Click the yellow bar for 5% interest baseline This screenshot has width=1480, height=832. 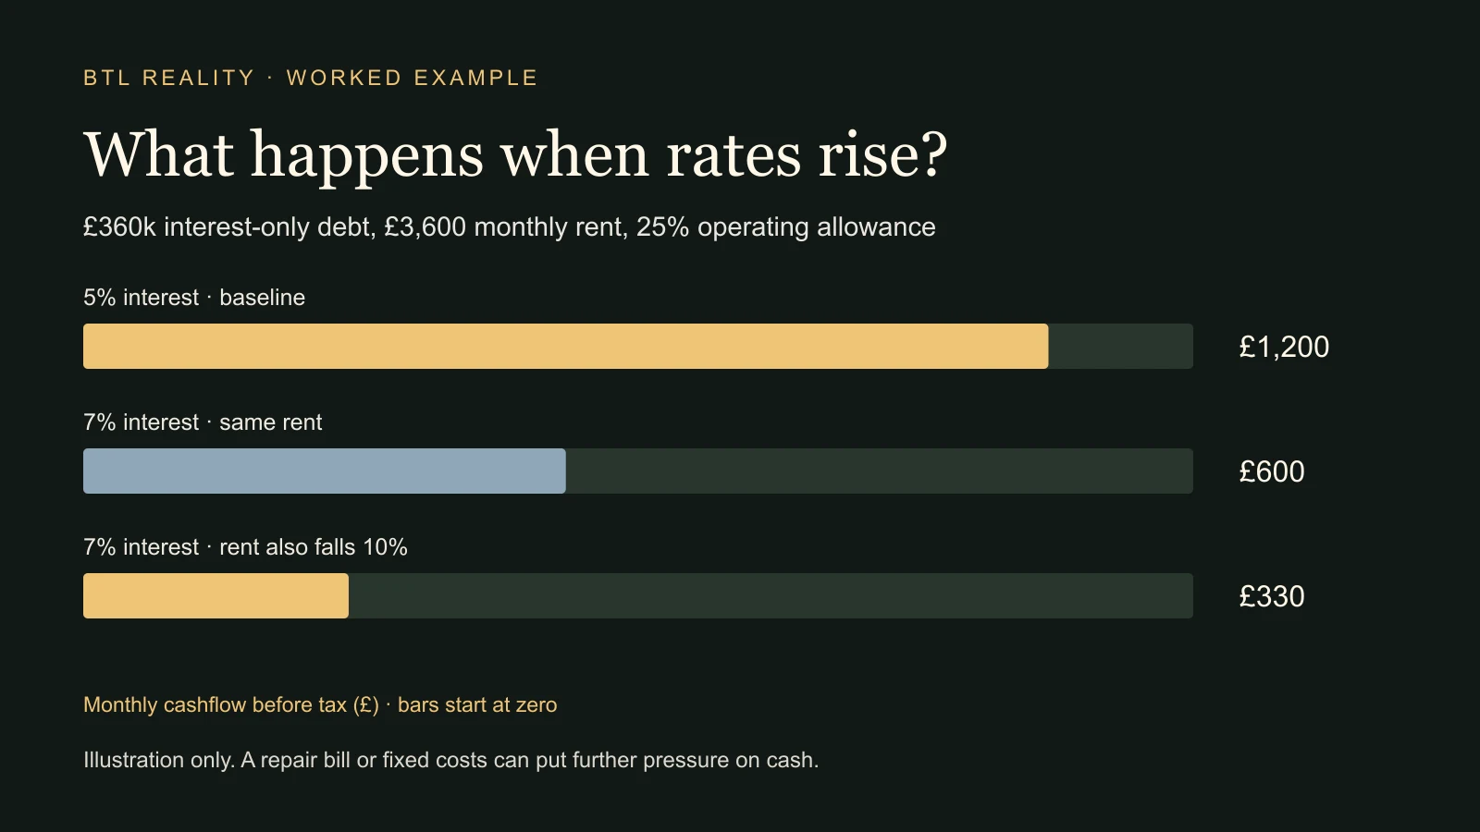point(565,346)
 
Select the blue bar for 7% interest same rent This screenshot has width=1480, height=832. point(325,471)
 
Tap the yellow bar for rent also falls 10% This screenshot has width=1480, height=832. point(216,595)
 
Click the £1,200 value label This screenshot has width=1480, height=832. point(1284,347)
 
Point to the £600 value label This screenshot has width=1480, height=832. point(1272,471)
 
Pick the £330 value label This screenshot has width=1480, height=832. point(1272,596)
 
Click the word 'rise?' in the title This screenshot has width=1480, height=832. point(882,154)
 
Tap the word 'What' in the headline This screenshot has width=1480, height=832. point(158,154)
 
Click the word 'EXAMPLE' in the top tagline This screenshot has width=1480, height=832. point(475,78)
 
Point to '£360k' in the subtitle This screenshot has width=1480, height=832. point(119,227)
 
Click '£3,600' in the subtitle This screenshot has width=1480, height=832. point(425,227)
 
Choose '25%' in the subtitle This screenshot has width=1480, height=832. point(662,227)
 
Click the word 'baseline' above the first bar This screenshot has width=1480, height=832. point(263,297)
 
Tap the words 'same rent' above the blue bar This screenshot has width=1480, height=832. point(271,422)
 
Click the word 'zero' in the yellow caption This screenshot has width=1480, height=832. point(536,705)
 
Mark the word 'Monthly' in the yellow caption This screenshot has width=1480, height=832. point(120,705)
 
